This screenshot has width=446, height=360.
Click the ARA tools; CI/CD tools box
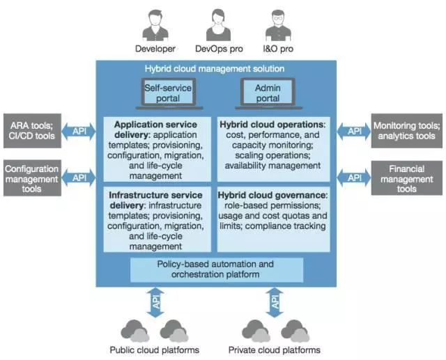pyautogui.click(x=32, y=130)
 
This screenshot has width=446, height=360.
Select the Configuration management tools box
pyautogui.click(x=32, y=178)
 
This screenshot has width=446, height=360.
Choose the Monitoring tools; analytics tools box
pyautogui.click(x=406, y=130)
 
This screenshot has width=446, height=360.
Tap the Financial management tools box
pyautogui.click(x=406, y=178)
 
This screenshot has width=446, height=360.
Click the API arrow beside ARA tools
pyautogui.click(x=77, y=130)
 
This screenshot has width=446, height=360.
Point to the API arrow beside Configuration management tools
pyautogui.click(x=77, y=178)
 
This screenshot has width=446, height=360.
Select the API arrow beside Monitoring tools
pyautogui.click(x=355, y=130)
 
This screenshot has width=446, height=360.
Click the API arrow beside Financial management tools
pyautogui.click(x=355, y=178)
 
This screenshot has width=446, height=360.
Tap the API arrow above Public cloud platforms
pyautogui.click(x=156, y=302)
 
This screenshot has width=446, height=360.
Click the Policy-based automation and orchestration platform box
pyautogui.click(x=217, y=269)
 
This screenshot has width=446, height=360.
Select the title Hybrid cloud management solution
pyautogui.click(x=215, y=69)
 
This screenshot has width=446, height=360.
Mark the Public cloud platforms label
pyautogui.click(x=155, y=350)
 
